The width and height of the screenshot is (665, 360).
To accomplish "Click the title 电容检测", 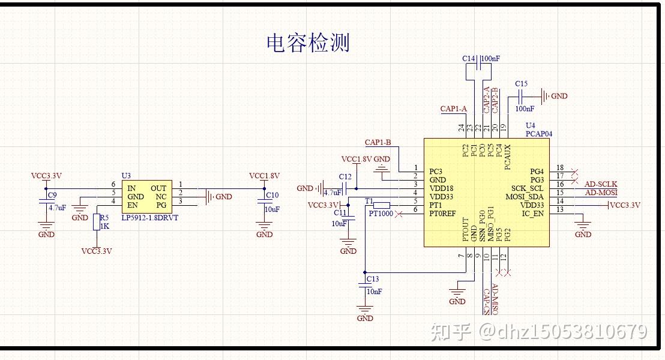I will click(308, 43).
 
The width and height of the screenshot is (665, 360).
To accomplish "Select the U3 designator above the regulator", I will click(126, 175).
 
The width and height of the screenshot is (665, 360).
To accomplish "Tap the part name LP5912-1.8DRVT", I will click(150, 218).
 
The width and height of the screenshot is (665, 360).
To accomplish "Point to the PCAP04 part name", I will click(538, 134).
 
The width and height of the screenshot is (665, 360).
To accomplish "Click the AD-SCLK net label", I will click(601, 184).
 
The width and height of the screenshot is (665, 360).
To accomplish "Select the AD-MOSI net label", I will click(601, 193).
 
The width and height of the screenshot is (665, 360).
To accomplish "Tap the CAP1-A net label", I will click(453, 109).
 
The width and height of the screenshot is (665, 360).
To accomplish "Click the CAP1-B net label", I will click(378, 142).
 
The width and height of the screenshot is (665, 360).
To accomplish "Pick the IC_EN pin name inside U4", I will click(532, 214).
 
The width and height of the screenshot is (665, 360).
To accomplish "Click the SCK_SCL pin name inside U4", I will click(527, 188).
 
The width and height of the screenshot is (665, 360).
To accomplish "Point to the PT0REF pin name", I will click(442, 214).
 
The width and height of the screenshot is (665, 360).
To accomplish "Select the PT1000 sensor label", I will click(381, 214).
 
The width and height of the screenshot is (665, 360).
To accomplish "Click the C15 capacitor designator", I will click(521, 83).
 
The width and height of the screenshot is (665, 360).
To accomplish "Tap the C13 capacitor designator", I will click(372, 279).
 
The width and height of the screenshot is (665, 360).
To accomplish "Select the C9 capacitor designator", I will click(52, 195).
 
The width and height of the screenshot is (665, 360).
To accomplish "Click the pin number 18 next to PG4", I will click(560, 168).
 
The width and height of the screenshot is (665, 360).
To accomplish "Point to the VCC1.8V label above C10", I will click(264, 176).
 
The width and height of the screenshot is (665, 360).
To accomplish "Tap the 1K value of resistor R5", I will click(104, 226).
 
